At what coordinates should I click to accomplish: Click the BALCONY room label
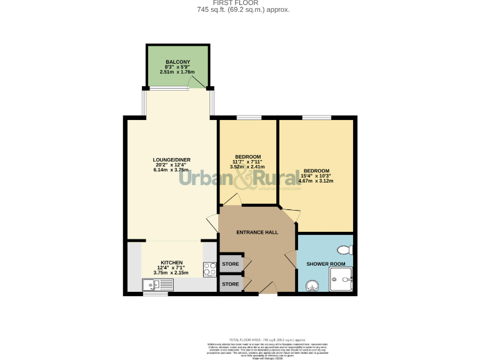tap(178, 61)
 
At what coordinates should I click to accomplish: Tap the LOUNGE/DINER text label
tap(171, 159)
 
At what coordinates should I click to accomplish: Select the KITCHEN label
tap(171, 262)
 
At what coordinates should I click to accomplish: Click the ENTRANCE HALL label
tap(257, 232)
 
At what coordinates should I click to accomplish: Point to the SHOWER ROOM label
tap(326, 264)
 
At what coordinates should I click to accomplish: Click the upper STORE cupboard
tap(231, 264)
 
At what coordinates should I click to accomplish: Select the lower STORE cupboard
tap(231, 284)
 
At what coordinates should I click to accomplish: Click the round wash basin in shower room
tap(312, 285)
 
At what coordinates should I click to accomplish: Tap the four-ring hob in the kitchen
tap(209, 269)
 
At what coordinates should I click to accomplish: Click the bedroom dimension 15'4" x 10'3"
tap(316, 176)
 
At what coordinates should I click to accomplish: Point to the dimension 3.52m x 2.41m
tap(247, 167)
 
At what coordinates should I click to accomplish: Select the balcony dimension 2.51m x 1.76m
tap(178, 72)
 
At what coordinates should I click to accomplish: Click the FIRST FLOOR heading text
tap(239, 3)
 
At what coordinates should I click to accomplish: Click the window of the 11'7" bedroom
tap(248, 117)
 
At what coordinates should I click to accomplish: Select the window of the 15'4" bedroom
tap(316, 117)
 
